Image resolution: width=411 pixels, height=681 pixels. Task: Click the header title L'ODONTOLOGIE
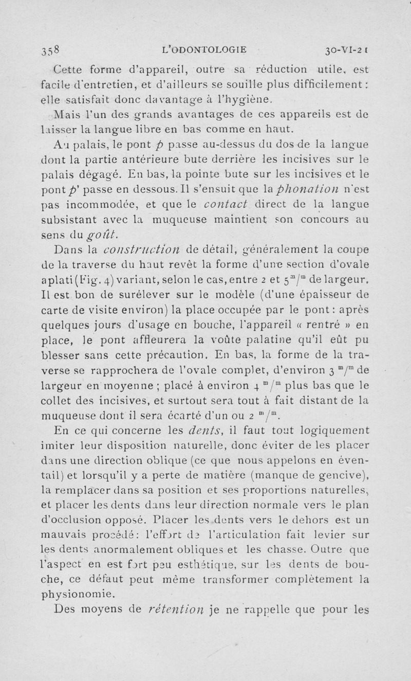(204, 50)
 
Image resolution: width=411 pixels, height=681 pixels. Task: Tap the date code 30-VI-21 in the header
(349, 50)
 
